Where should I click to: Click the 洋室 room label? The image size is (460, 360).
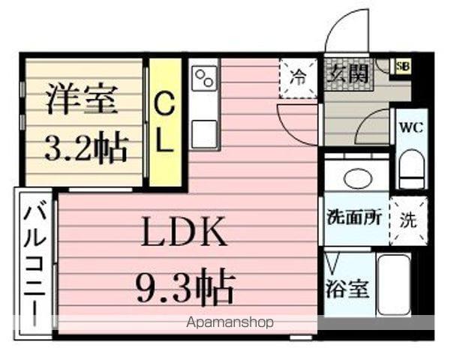[x=83, y=100]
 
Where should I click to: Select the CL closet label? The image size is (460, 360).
[x=164, y=124]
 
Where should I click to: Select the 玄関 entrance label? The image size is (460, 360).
[x=347, y=75]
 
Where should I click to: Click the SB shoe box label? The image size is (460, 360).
[x=403, y=65]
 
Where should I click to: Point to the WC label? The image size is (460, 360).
[x=412, y=127]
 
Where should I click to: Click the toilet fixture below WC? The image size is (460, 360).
[x=411, y=169]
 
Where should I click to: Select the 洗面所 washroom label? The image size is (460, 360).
[x=353, y=219]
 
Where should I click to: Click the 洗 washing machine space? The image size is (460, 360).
[x=407, y=220]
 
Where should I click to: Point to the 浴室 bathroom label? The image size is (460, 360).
[x=347, y=289]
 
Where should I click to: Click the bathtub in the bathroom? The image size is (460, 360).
[x=392, y=285]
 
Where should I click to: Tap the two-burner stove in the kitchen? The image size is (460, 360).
[x=204, y=76]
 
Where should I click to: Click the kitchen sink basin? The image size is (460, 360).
[x=204, y=133]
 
